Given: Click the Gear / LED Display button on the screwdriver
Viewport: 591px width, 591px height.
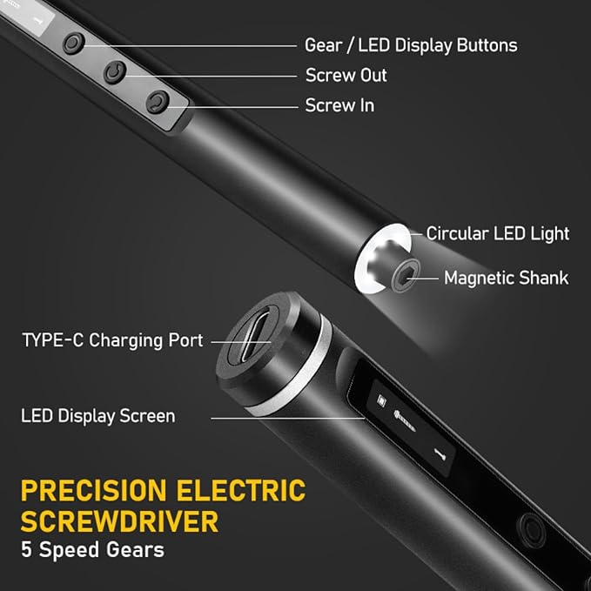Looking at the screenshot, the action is point(74,43).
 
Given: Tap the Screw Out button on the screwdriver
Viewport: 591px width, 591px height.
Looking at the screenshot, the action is point(115,72).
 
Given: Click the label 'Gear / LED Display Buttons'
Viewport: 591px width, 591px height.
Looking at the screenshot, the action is point(411,45).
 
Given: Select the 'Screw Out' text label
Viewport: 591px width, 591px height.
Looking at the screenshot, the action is point(346,76).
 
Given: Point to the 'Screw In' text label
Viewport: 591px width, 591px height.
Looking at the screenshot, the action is point(340,105).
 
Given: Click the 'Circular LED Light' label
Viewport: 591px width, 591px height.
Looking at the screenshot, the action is point(498,233).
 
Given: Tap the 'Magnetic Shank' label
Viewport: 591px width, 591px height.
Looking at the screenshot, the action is point(507,279).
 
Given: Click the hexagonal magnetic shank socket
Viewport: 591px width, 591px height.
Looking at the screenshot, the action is point(406,275).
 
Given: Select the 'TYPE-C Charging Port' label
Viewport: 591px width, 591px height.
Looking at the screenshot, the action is point(112,340).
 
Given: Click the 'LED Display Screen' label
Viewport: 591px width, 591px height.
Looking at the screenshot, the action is point(98,416).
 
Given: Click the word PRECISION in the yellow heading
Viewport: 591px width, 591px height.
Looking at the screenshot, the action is point(94,490).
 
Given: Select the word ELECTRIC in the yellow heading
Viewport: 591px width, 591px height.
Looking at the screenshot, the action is point(241,490).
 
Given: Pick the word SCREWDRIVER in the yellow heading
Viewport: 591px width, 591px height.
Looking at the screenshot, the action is point(120,521).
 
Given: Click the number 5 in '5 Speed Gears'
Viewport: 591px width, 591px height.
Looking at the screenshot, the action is point(26,549).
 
